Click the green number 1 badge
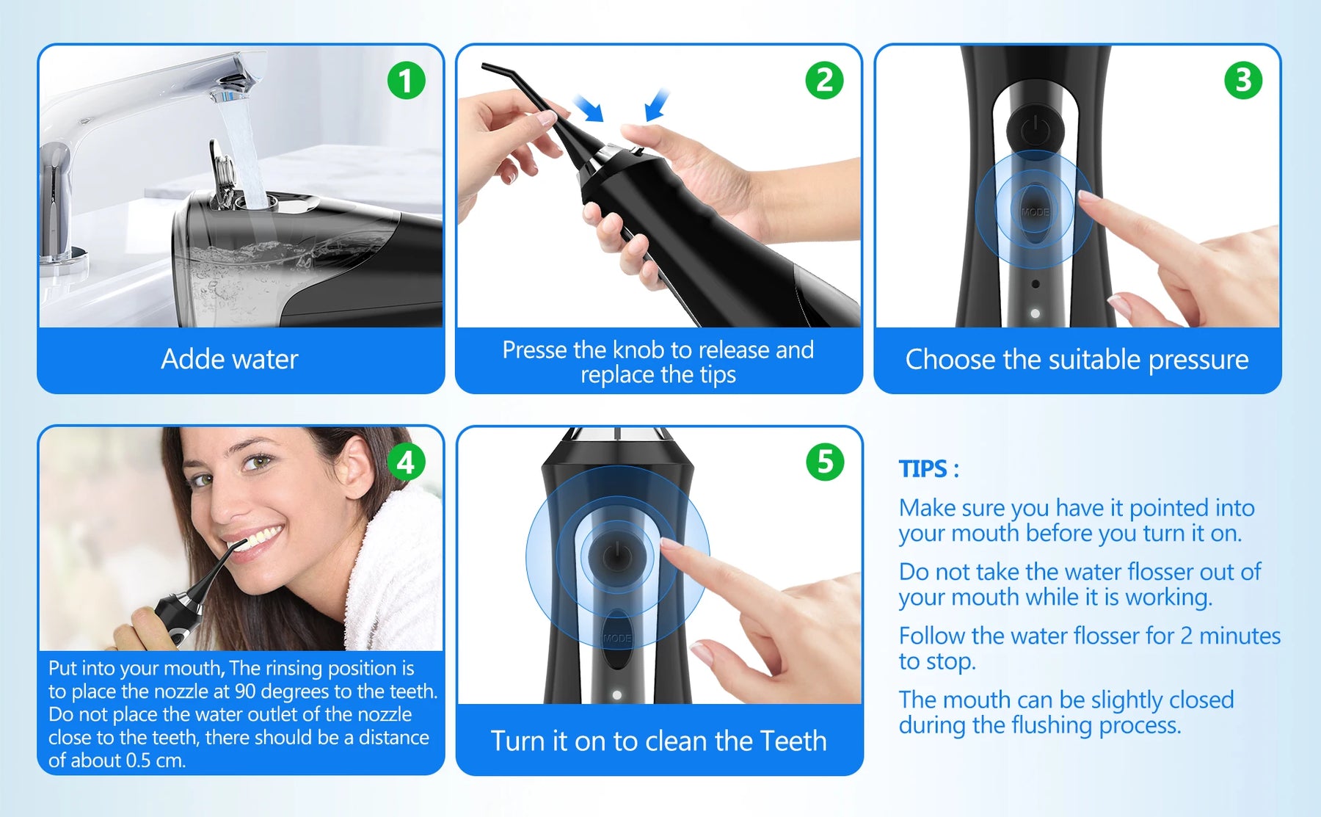pos(406,80)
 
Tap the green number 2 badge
pos(824,80)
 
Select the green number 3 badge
pos(1243,80)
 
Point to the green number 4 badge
pos(406,462)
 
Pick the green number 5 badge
pos(825,462)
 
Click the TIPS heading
pos(928,468)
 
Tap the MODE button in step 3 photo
pos(1035,211)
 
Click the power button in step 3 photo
pos(1034,130)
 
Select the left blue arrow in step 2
pos(589,108)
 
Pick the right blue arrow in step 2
pos(658,104)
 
